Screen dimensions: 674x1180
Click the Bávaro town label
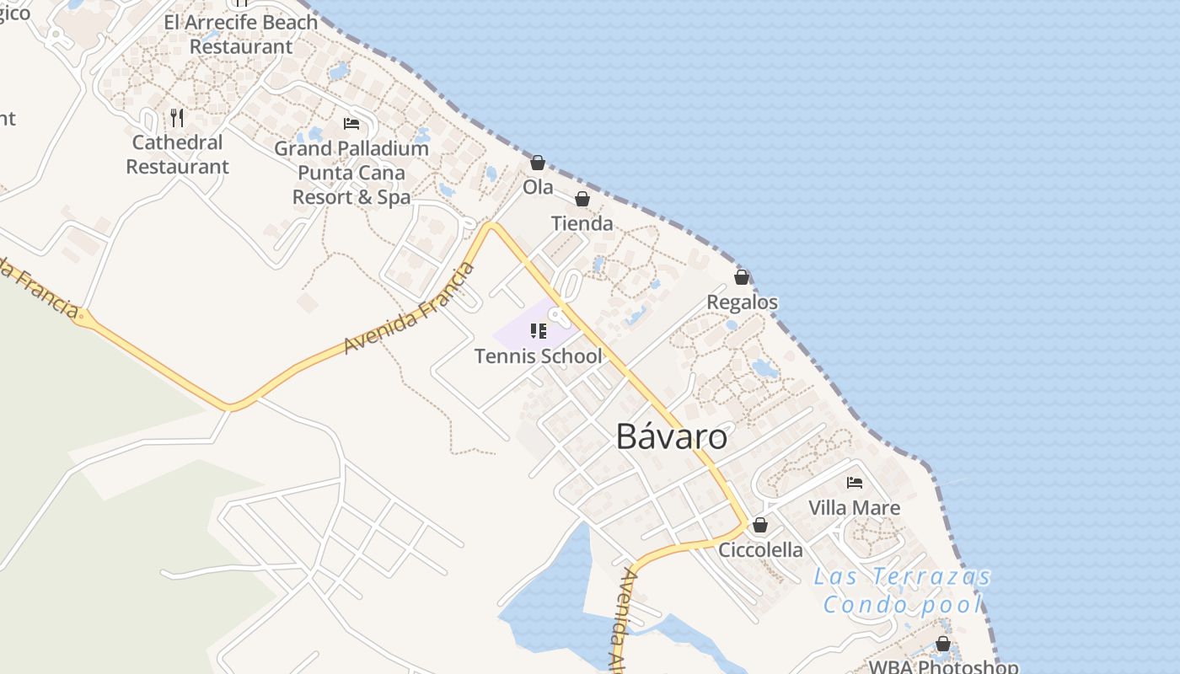coord(672,436)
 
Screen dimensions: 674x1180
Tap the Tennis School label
coord(538,356)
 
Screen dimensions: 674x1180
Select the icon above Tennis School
coord(538,331)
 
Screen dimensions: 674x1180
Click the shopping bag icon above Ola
coord(538,163)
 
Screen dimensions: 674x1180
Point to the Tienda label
coord(582,224)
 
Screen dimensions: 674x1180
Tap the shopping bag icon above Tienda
coord(582,199)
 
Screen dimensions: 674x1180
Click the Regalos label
coord(742,302)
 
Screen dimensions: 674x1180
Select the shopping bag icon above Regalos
coord(742,277)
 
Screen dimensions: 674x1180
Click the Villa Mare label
coord(854,508)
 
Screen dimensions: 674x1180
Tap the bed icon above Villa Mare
coord(854,483)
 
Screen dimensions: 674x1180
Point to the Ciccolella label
coord(760,550)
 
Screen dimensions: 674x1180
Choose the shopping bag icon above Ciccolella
coord(760,525)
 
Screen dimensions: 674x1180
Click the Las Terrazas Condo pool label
coord(903,591)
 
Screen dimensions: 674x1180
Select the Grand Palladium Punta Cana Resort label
coord(351,173)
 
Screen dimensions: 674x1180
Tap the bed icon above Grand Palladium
coord(351,124)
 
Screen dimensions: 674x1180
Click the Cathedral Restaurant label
coord(177,154)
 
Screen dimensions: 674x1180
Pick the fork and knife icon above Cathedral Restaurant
coord(177,117)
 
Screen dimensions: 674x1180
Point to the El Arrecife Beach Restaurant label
coord(241,34)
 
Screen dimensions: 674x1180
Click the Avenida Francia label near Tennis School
coord(410,309)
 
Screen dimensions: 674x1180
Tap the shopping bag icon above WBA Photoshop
coord(942,645)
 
